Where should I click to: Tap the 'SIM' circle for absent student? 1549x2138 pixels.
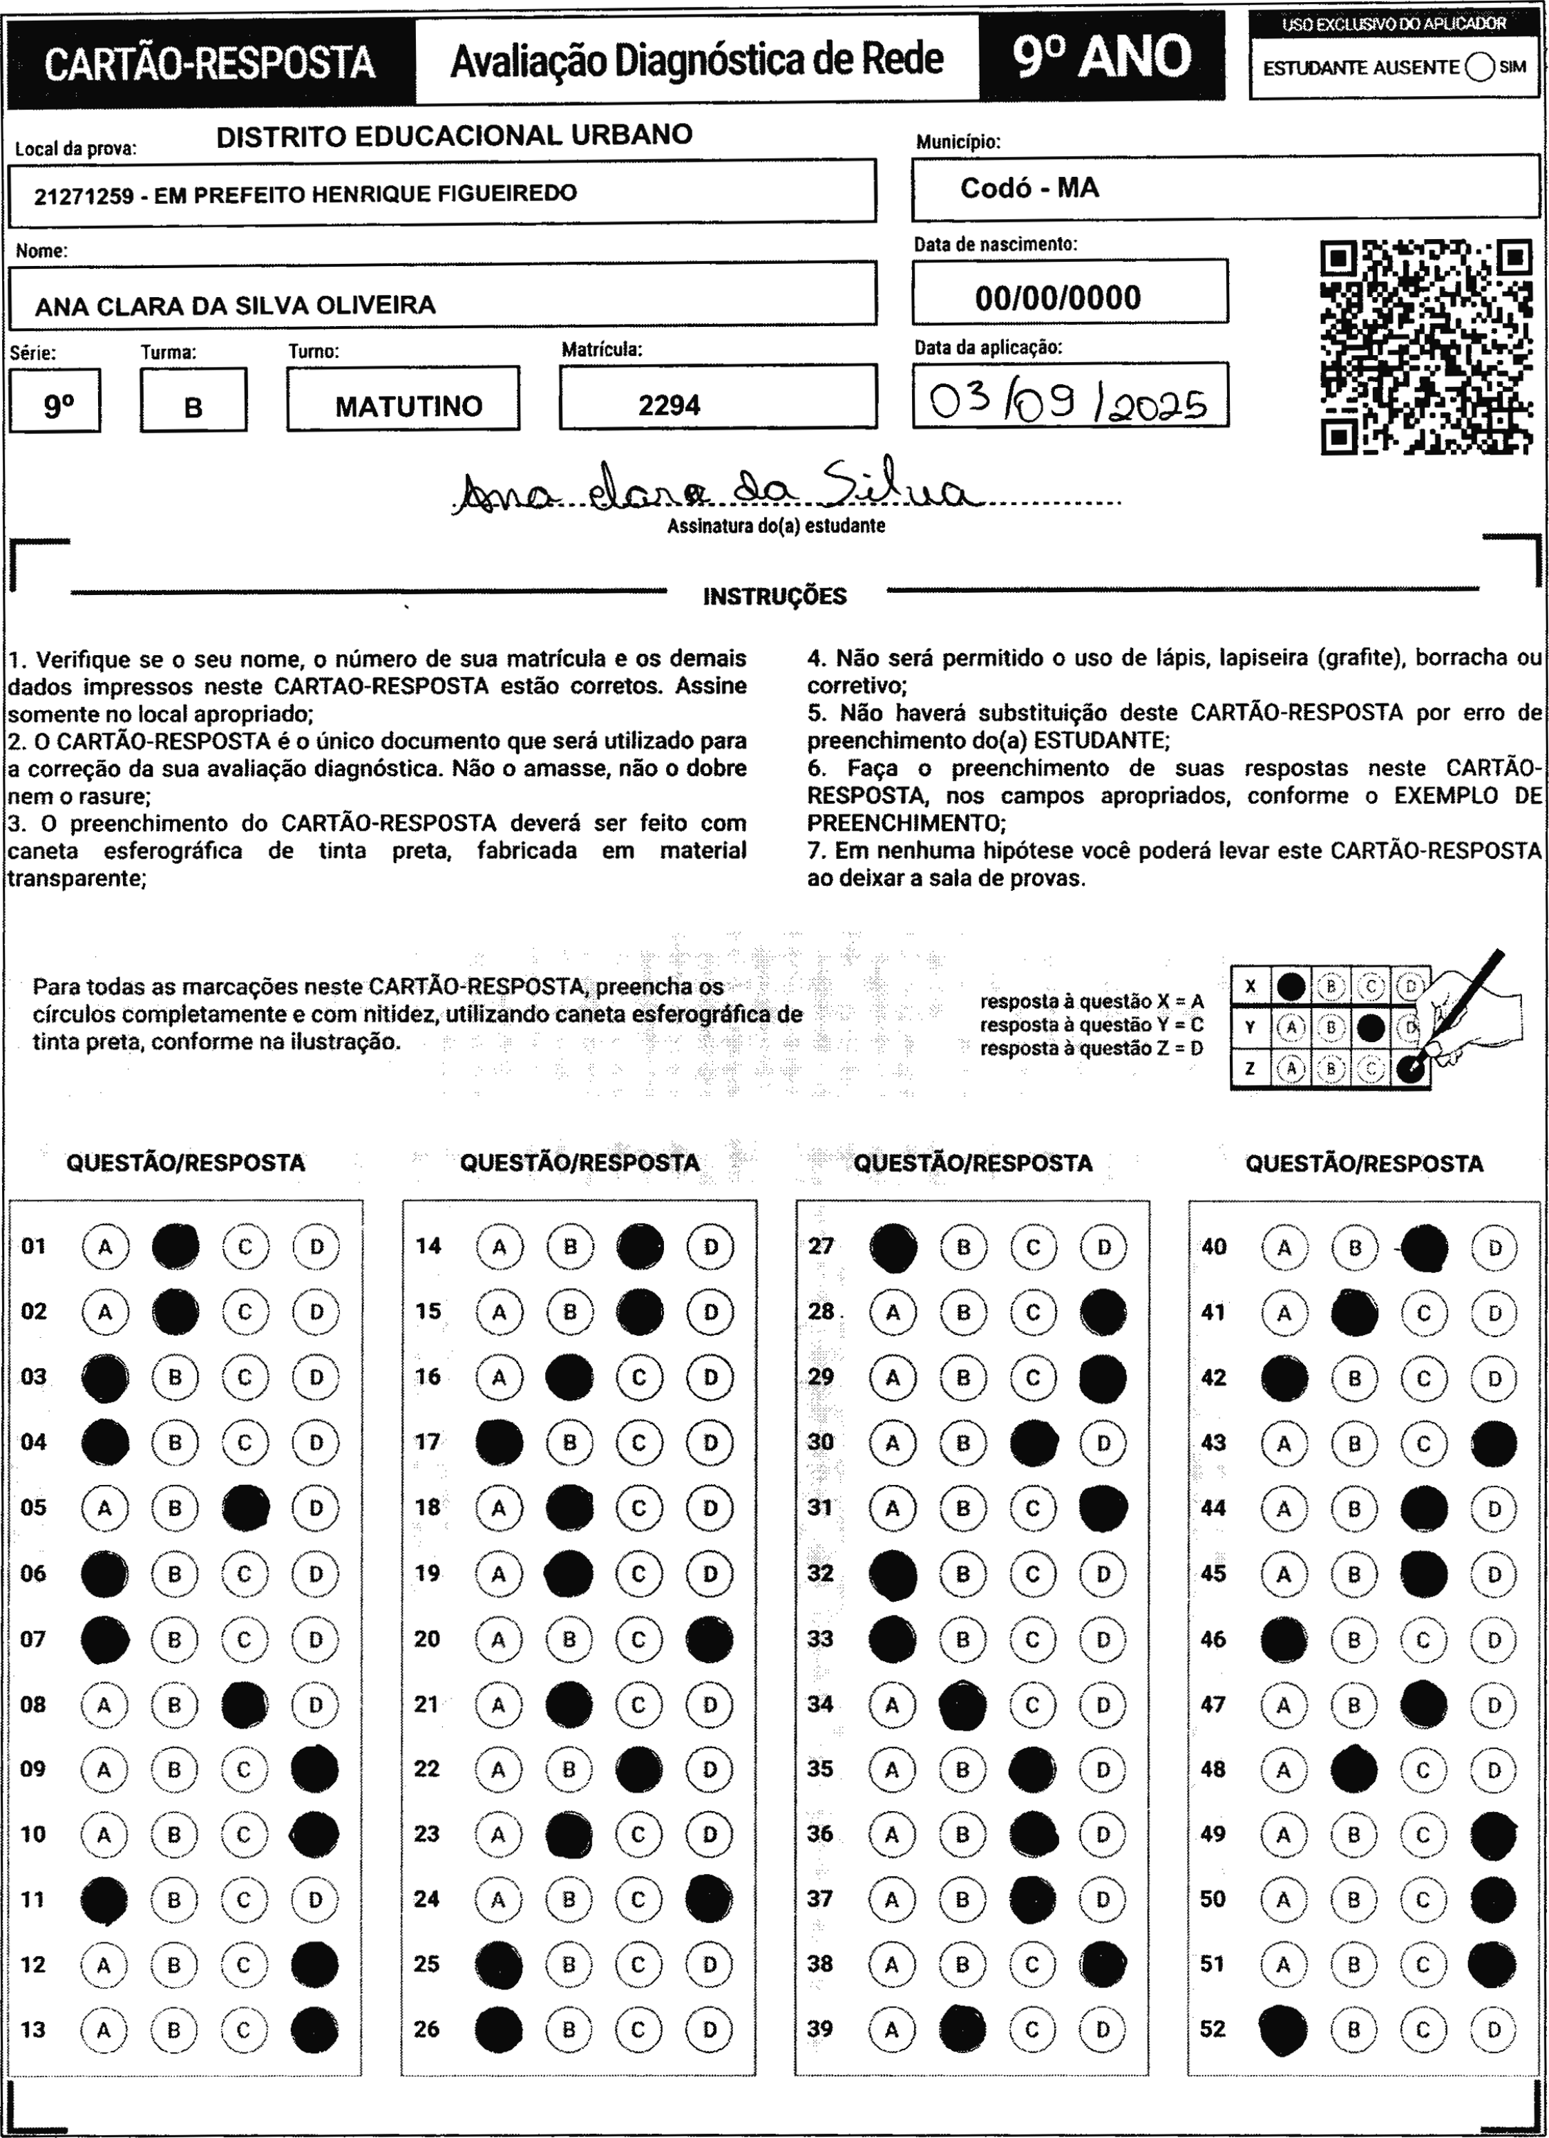(1480, 68)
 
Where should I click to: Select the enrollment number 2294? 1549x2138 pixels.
(669, 406)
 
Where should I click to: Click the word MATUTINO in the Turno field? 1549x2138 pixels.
(408, 406)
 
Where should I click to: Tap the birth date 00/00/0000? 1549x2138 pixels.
(1058, 298)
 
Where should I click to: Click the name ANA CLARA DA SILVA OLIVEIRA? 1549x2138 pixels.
(236, 305)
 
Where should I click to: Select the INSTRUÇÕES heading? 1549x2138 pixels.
(775, 596)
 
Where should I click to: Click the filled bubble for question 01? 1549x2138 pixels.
(175, 1245)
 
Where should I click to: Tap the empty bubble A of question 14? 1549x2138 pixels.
(500, 1246)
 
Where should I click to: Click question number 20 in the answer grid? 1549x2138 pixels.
(427, 1638)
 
